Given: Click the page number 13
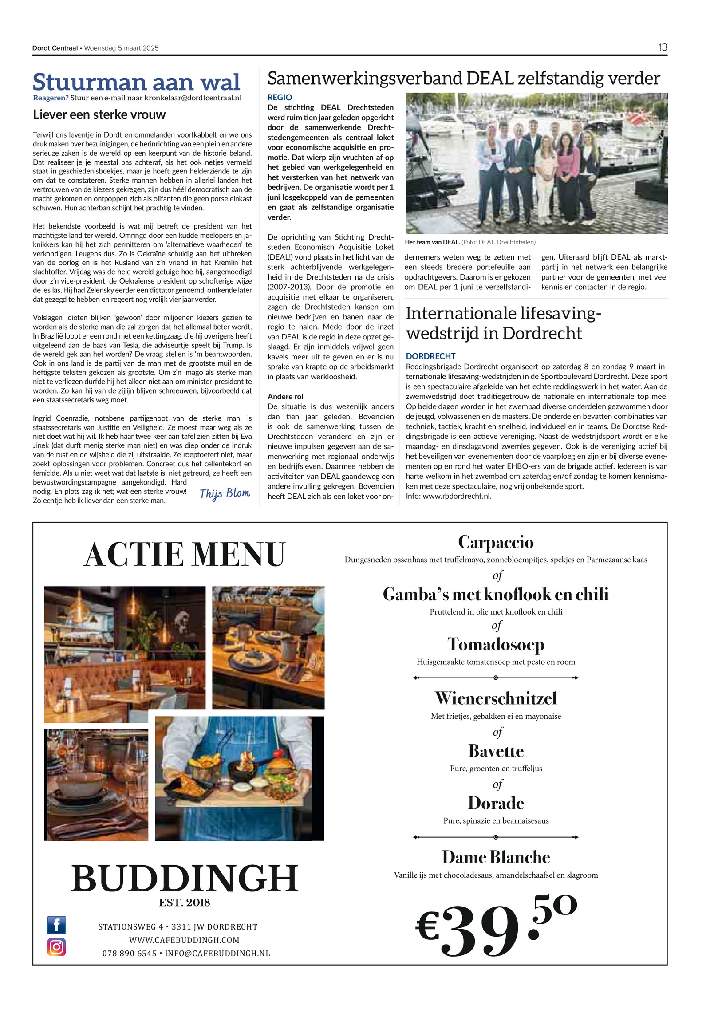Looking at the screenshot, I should pyautogui.click(x=663, y=47).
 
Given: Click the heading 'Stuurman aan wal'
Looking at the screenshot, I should pyautogui.click(x=137, y=82).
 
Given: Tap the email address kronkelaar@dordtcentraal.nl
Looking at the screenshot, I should pyautogui.click(x=193, y=98).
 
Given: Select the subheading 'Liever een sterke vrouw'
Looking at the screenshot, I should pyautogui.click(x=99, y=115).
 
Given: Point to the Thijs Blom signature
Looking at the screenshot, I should pyautogui.click(x=225, y=493).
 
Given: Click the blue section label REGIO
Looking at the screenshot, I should pyautogui.click(x=280, y=97).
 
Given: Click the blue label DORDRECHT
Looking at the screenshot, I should pyautogui.click(x=430, y=356).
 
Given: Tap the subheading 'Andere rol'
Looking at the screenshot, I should pyautogui.click(x=285, y=397).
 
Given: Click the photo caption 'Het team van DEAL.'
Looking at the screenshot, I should pyautogui.click(x=432, y=242).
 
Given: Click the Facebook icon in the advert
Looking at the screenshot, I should pyautogui.click(x=57, y=925).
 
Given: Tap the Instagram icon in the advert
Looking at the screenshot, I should pyautogui.click(x=57, y=946).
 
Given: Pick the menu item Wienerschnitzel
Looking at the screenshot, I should pyautogui.click(x=496, y=698).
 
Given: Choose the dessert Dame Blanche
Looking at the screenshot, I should pyautogui.click(x=496, y=857).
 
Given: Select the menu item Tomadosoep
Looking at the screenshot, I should pyautogui.click(x=496, y=644).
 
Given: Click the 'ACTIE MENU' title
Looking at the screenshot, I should pyautogui.click(x=185, y=555).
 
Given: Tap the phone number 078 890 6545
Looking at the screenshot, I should pyautogui.click(x=129, y=954).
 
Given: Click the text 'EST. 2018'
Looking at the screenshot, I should pyautogui.click(x=185, y=902).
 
